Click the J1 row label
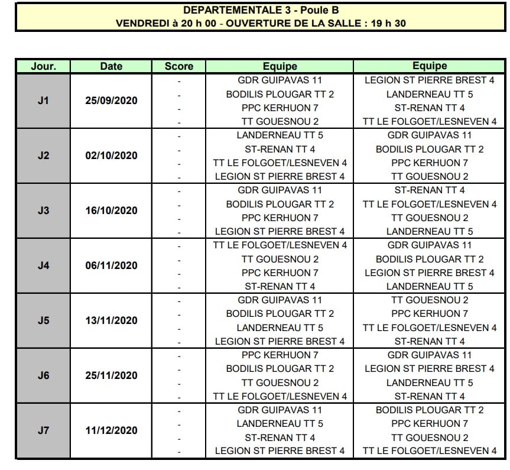43,101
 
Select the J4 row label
43,265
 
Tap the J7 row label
43,430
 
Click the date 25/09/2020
111,101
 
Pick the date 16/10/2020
111,210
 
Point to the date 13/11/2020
111,320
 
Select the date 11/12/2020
111,430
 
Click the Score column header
178,66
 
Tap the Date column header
111,66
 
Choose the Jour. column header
43,66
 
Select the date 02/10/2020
111,155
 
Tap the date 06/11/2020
111,265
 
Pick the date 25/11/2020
111,375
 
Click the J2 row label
43,155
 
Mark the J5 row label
43,320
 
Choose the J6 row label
43,375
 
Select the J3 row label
43,210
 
